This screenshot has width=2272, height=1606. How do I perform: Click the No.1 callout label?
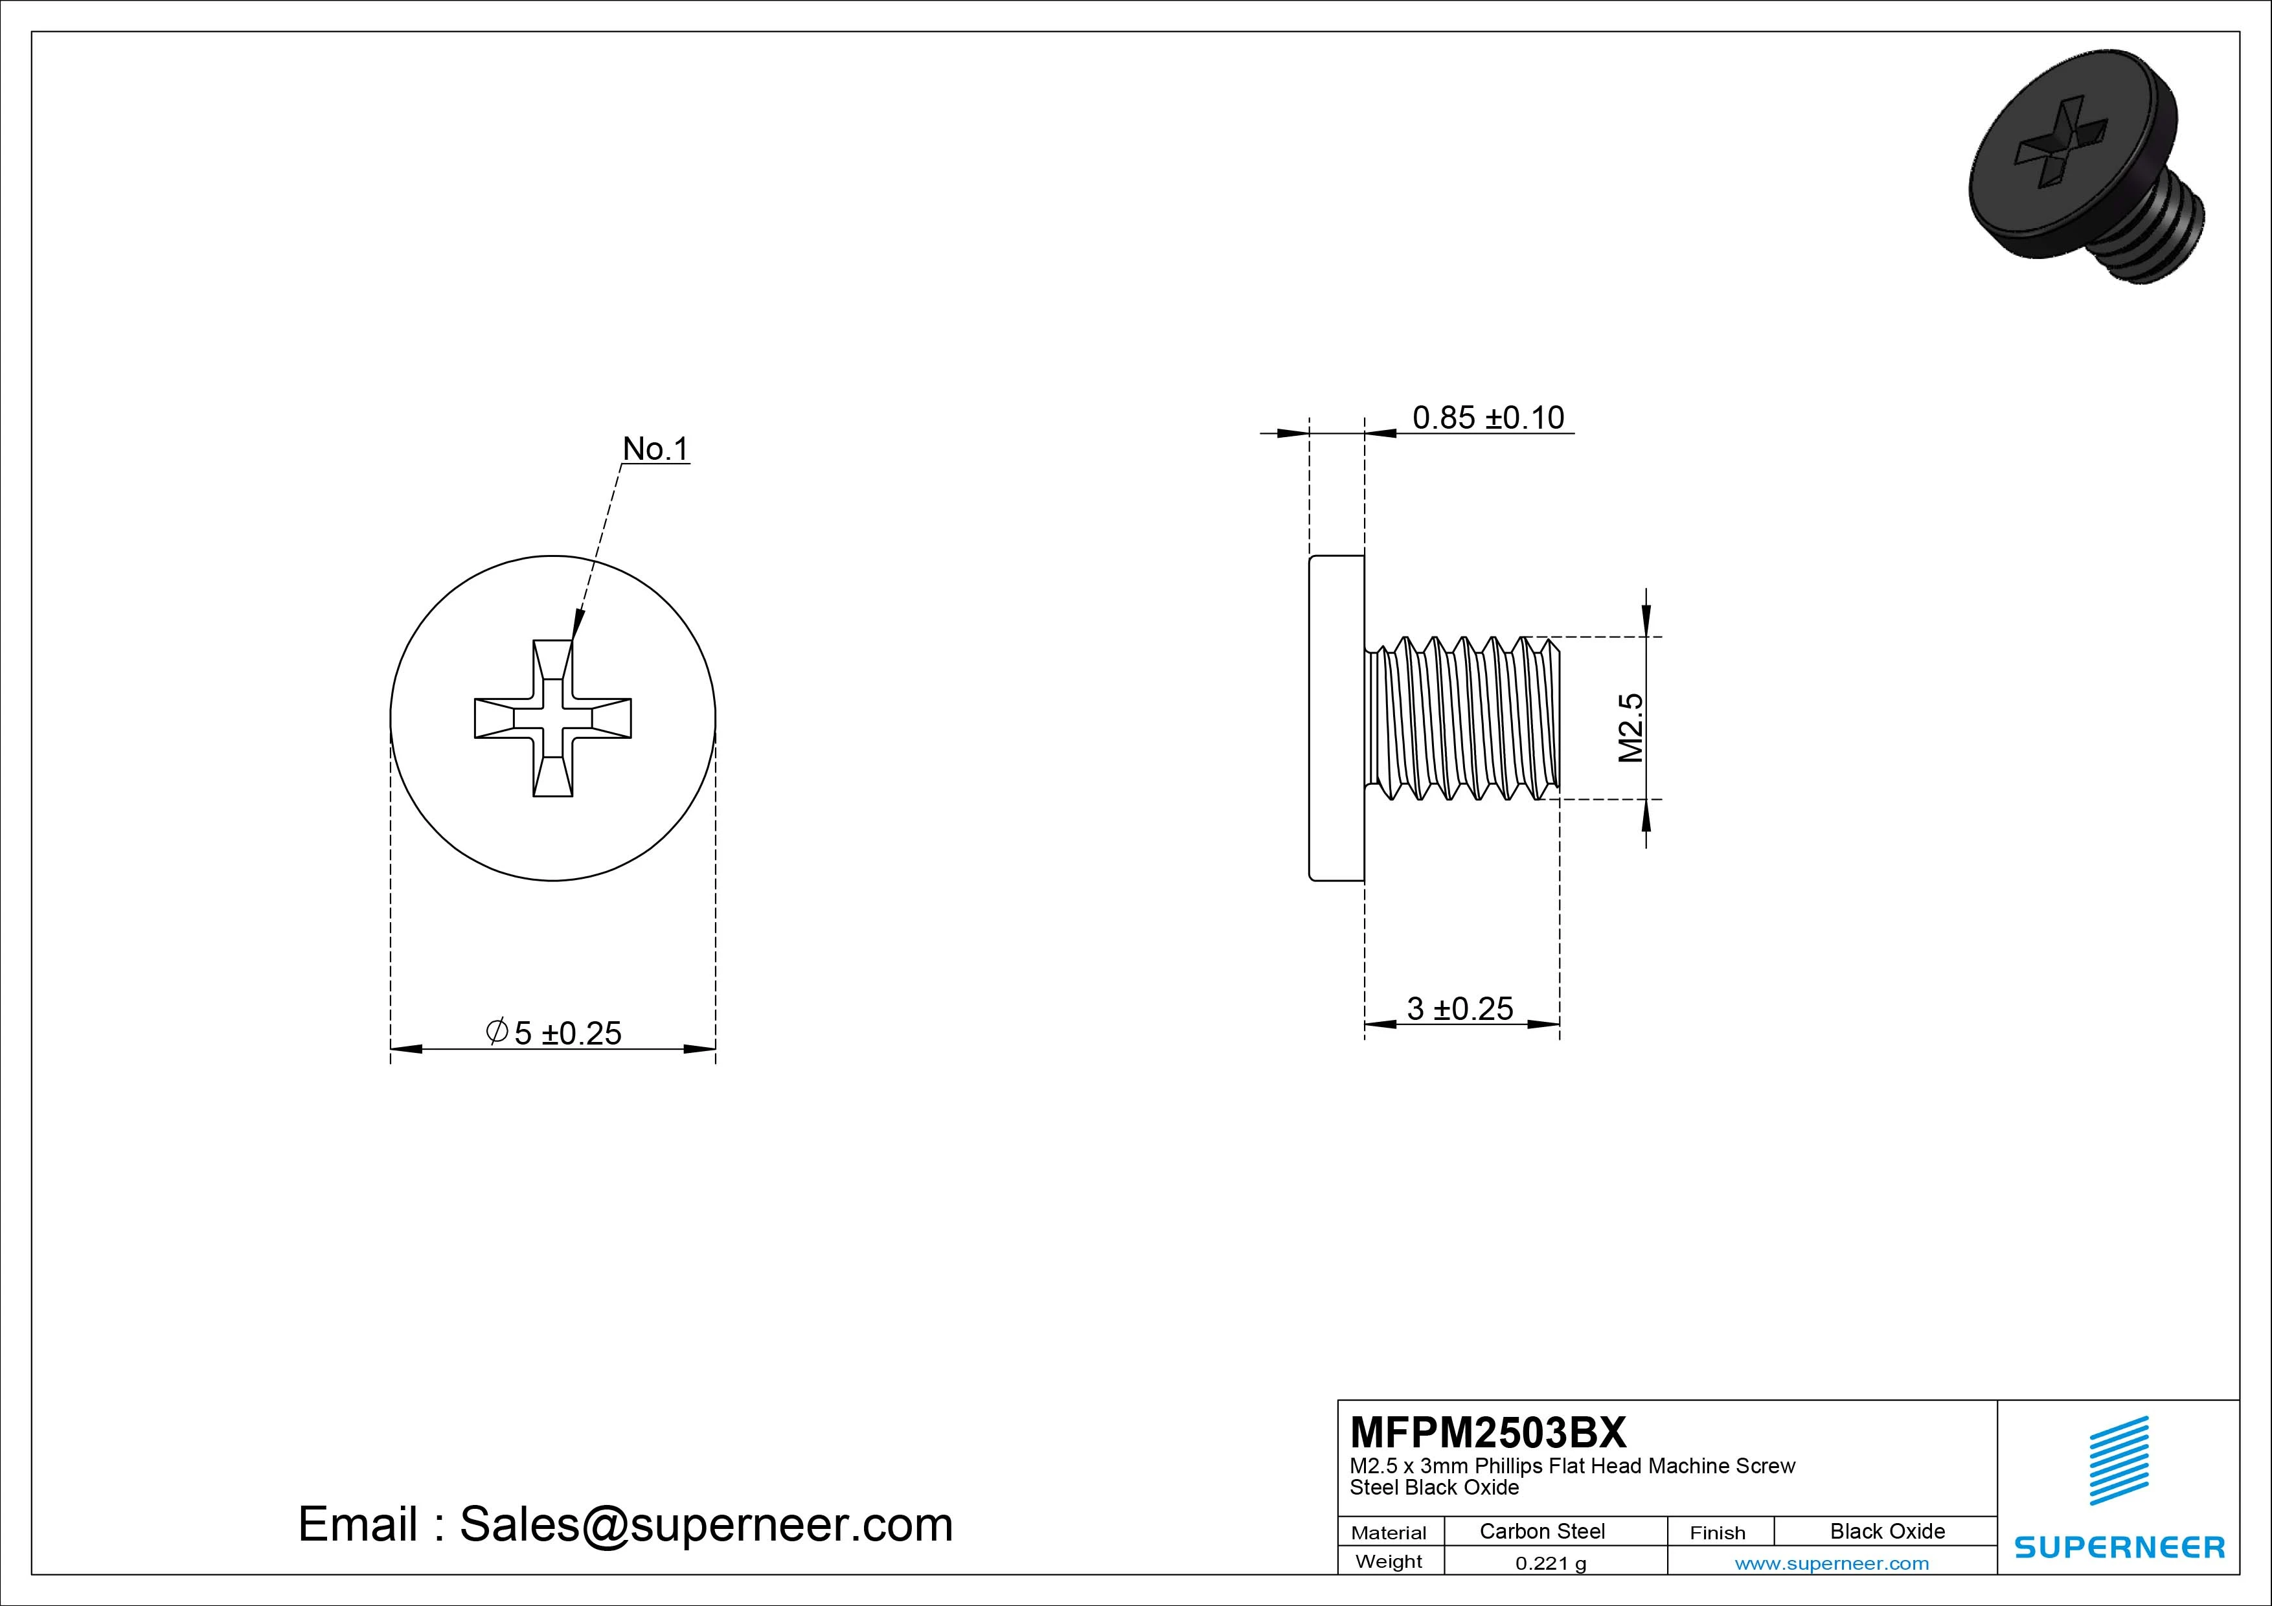coord(654,449)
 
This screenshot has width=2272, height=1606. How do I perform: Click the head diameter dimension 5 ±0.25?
coord(567,1033)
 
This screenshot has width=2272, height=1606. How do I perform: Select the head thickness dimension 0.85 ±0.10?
coord(1487,418)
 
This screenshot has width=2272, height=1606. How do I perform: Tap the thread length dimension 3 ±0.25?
coord(1460,1008)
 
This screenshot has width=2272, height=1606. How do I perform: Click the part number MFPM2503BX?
coord(1487,1432)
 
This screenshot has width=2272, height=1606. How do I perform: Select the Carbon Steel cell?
coord(1541,1531)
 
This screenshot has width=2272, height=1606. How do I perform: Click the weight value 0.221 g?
coord(1551,1563)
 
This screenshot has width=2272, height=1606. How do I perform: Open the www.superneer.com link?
coord(1832,1563)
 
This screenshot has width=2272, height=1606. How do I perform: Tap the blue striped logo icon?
coord(2119,1460)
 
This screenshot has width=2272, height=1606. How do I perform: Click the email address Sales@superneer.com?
coord(705,1524)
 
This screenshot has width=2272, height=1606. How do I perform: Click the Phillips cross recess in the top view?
coord(552,718)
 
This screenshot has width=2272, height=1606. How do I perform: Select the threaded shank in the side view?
coord(1462,718)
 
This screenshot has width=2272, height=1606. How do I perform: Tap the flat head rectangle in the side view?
coord(1337,718)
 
